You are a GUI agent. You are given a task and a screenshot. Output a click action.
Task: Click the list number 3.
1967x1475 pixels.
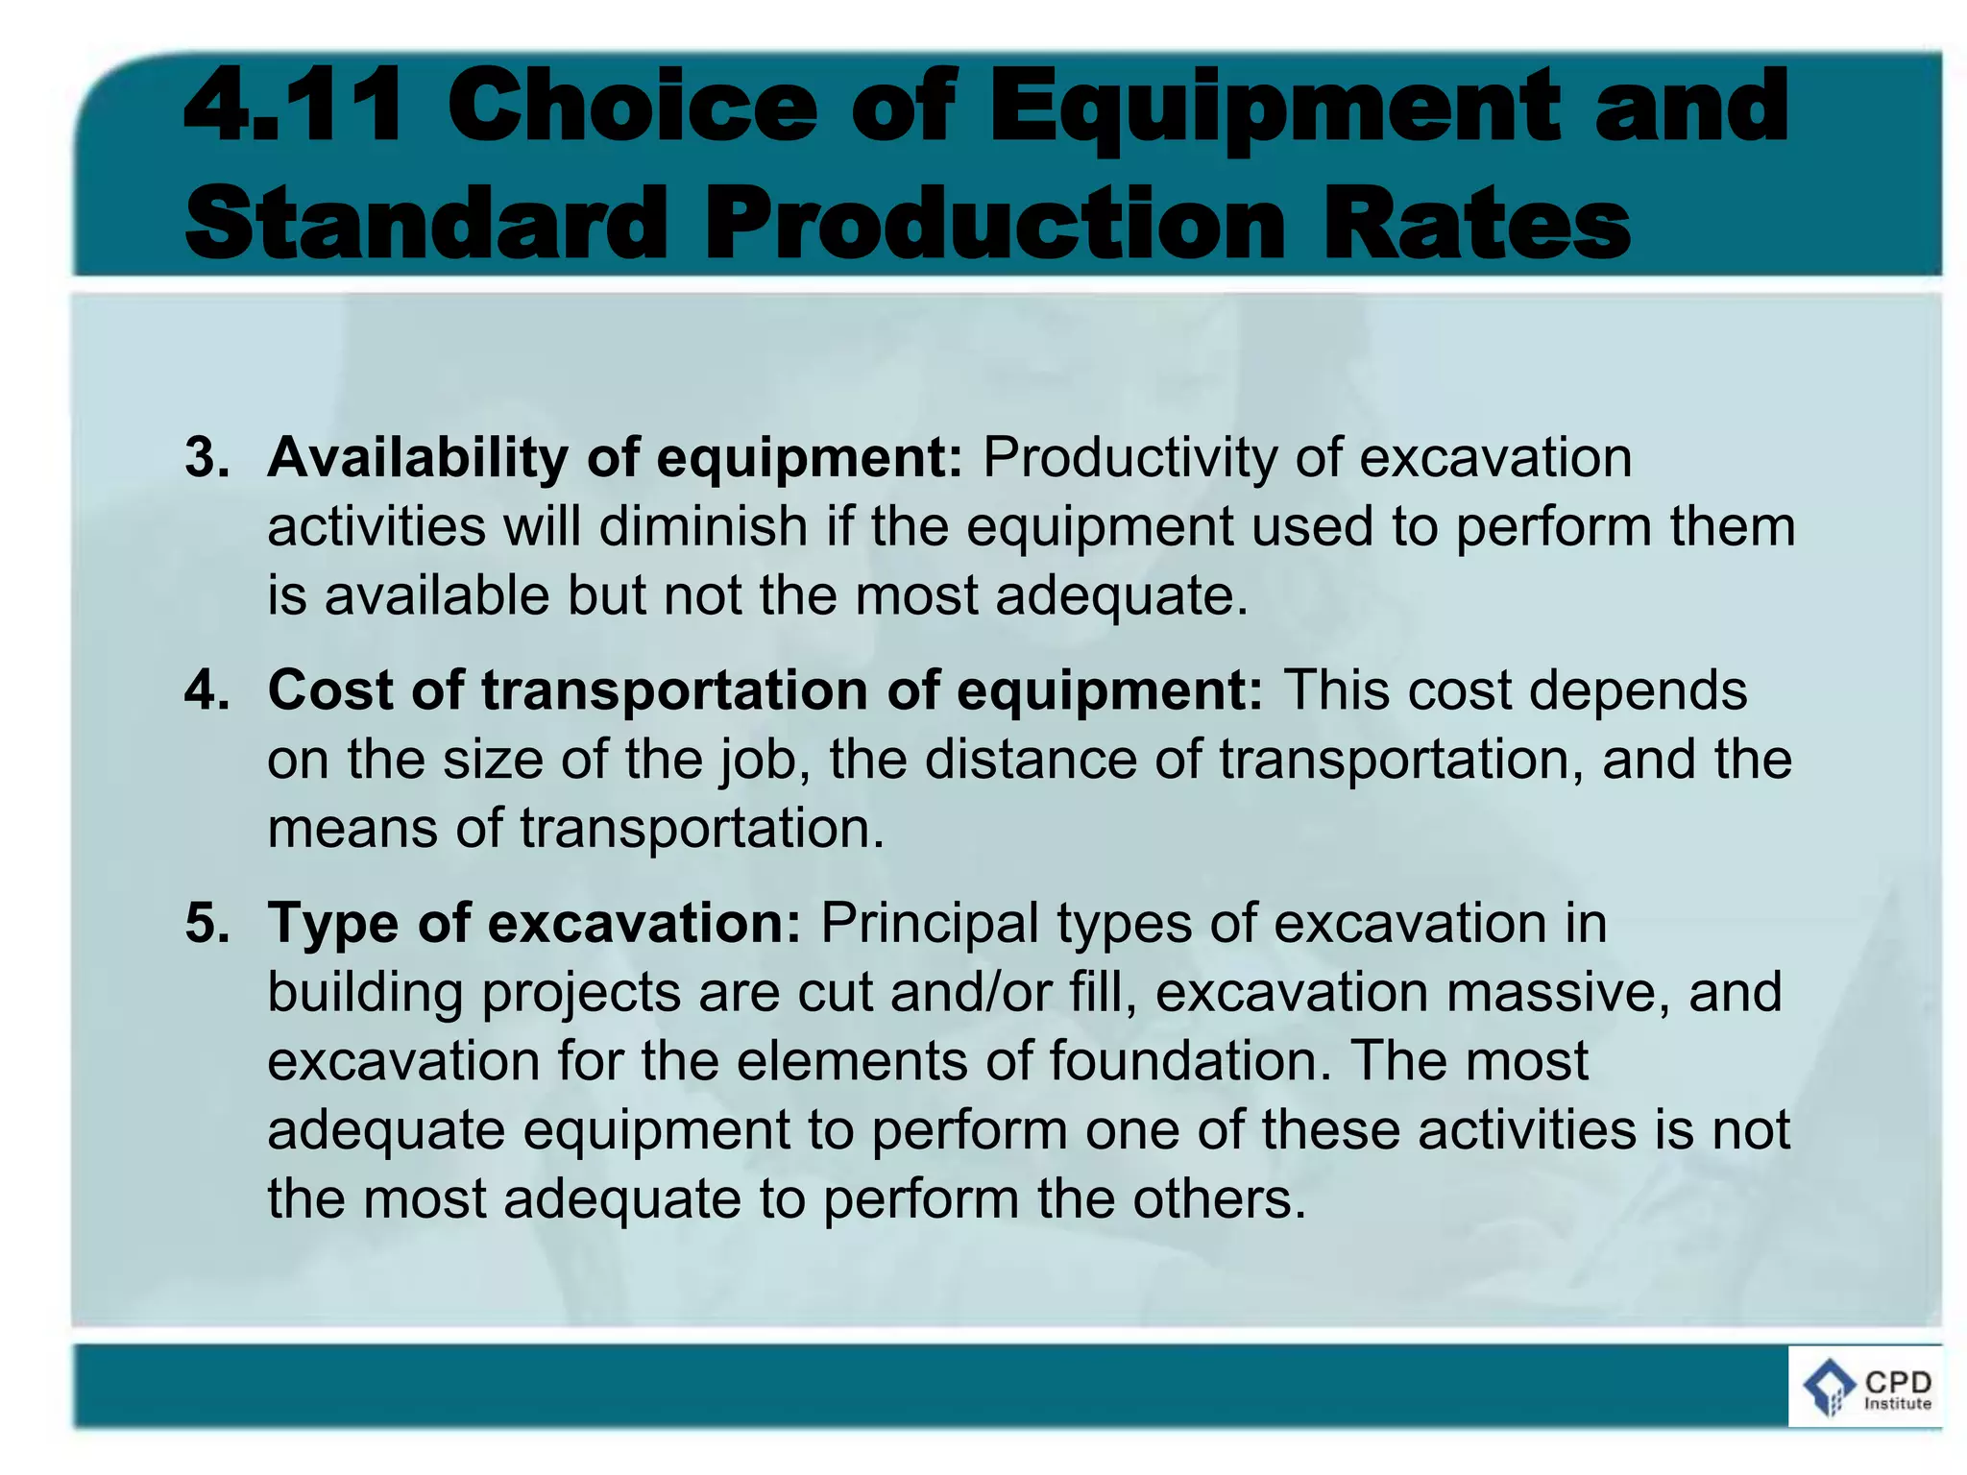pyautogui.click(x=206, y=457)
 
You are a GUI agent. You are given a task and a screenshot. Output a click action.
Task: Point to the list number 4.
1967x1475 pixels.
pyautogui.click(x=206, y=690)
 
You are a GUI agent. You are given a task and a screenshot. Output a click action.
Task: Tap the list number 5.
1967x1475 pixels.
pyautogui.click(x=206, y=923)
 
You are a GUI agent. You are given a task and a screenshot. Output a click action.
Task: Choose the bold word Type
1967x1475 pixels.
pyautogui.click(x=332, y=923)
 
